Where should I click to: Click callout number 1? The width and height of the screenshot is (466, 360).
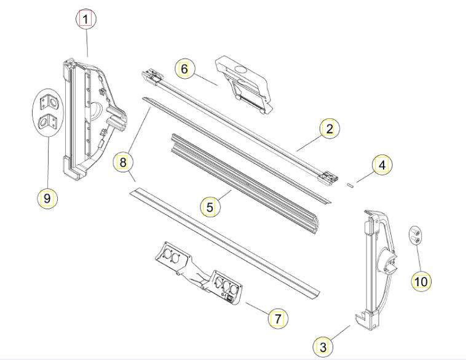coord(86,19)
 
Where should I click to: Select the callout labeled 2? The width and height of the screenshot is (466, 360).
coord(330,129)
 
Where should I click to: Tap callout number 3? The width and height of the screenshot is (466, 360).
coord(323,347)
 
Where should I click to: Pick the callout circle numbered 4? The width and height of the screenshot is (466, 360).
coord(382,165)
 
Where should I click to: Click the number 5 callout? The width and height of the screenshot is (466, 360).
coord(210,207)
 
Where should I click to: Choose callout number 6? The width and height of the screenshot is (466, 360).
coord(184,69)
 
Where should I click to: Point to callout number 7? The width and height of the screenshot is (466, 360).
coord(278,319)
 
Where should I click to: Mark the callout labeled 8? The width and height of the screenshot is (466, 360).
coord(123,162)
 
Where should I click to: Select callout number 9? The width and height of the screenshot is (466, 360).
coord(47,198)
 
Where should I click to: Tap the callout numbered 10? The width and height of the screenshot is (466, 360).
coord(421,281)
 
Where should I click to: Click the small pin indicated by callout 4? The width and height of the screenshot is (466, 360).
coord(350,185)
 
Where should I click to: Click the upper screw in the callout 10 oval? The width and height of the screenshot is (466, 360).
coord(415,231)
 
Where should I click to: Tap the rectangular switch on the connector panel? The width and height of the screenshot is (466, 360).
coord(231,297)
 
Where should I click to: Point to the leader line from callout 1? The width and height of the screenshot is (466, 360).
coord(87,43)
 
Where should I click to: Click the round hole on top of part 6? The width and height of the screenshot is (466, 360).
coord(242,71)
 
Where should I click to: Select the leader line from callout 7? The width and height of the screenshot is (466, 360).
coord(257,308)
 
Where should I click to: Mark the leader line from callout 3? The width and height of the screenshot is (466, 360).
coord(340,333)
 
